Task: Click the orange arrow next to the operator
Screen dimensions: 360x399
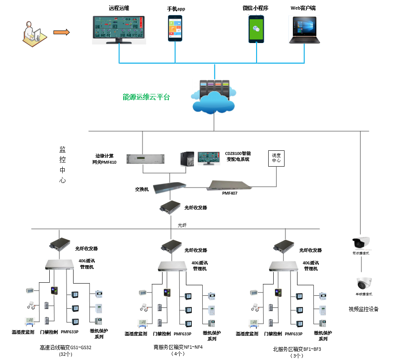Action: tap(61, 32)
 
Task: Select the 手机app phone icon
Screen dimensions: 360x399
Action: tap(176, 28)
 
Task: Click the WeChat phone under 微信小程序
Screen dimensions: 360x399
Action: tap(257, 28)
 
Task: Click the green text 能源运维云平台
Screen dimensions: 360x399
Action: tap(146, 97)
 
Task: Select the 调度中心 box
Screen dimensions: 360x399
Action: tap(276, 158)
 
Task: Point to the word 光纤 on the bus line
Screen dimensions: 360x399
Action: tap(182, 225)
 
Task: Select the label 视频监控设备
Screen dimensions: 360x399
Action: tap(363, 309)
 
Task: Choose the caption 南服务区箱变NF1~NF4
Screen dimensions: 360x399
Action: tap(178, 347)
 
